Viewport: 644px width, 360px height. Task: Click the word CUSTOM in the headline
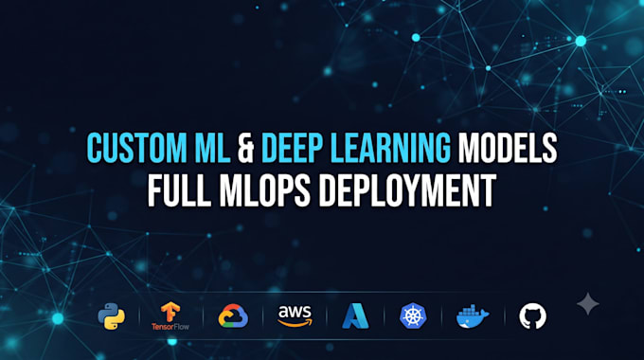(x=136, y=148)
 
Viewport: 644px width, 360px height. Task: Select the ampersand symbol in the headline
(x=245, y=148)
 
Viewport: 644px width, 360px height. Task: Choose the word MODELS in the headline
(x=508, y=148)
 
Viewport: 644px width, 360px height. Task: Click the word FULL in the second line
(x=179, y=190)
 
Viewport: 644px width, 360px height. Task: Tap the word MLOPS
(x=265, y=190)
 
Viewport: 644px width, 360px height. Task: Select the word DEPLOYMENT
(x=408, y=190)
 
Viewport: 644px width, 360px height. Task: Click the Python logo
(x=112, y=316)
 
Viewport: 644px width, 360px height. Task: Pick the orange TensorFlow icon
(x=170, y=312)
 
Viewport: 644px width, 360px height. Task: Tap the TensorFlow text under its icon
(x=170, y=327)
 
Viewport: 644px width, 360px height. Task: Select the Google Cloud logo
(x=233, y=315)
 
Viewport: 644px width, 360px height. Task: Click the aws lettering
(x=295, y=312)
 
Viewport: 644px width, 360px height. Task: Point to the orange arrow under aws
(x=295, y=323)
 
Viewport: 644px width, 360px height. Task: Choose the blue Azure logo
(x=356, y=316)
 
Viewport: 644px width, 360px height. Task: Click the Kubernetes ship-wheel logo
(x=413, y=315)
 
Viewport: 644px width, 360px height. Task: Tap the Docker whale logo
(x=473, y=316)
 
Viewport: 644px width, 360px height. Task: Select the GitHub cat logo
(x=532, y=316)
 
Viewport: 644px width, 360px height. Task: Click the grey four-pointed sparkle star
(x=588, y=304)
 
